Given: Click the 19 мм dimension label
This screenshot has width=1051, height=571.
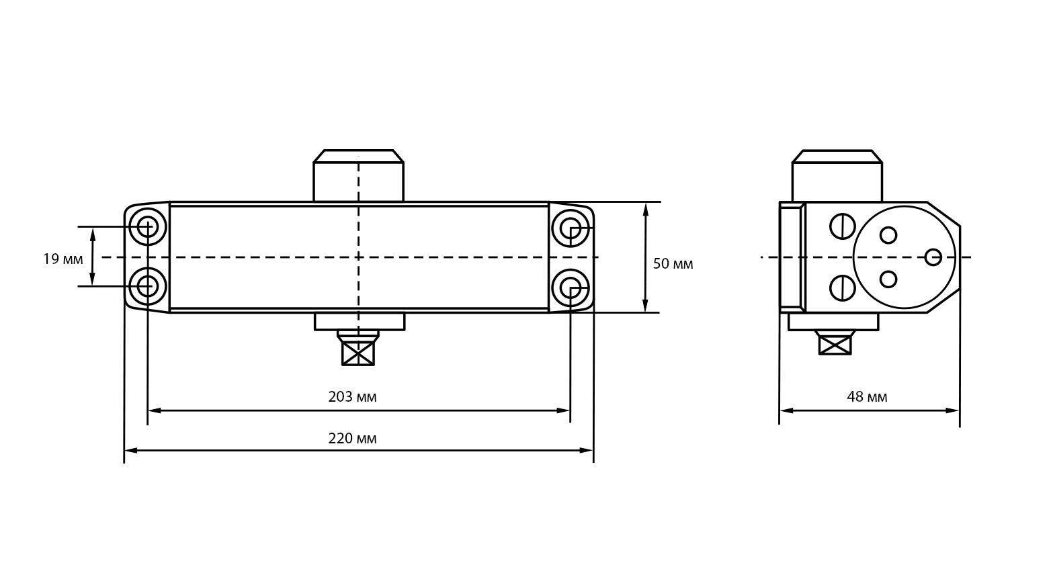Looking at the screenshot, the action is pos(63,259).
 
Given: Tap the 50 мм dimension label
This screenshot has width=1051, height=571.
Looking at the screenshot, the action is pos(673,264).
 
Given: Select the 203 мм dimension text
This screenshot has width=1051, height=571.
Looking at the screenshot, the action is pos(352,397).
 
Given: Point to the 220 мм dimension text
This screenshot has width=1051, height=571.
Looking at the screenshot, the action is pos(352,439).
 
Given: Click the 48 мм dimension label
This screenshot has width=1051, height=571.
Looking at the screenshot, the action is pos(867,397).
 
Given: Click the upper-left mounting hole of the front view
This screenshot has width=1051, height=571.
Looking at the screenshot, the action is pos(148,226).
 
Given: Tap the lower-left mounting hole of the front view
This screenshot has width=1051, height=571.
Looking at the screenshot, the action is pos(148,286).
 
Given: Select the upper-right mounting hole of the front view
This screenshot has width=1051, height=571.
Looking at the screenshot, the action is pos(571,230).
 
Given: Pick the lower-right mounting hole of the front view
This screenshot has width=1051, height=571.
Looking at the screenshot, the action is pos(571,288).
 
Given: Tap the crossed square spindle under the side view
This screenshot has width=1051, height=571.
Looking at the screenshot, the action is pos(835,343).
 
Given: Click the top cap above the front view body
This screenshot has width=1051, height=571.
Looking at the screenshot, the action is pos(358,176).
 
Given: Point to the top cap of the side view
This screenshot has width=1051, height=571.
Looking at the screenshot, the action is pos(837,176).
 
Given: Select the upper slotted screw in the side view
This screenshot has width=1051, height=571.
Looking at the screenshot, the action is pos(843,226).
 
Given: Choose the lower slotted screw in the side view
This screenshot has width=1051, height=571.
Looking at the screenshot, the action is pos(843,288).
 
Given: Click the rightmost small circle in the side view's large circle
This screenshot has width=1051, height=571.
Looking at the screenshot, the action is pos(933,257).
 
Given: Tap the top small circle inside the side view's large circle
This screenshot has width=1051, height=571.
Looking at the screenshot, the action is pos(888,235).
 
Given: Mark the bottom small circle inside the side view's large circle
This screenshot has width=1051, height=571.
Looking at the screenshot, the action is pos(888,279).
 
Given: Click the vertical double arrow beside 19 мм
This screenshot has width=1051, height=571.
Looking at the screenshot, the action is pos(93,256).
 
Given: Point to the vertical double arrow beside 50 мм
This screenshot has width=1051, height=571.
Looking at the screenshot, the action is pos(646,257).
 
